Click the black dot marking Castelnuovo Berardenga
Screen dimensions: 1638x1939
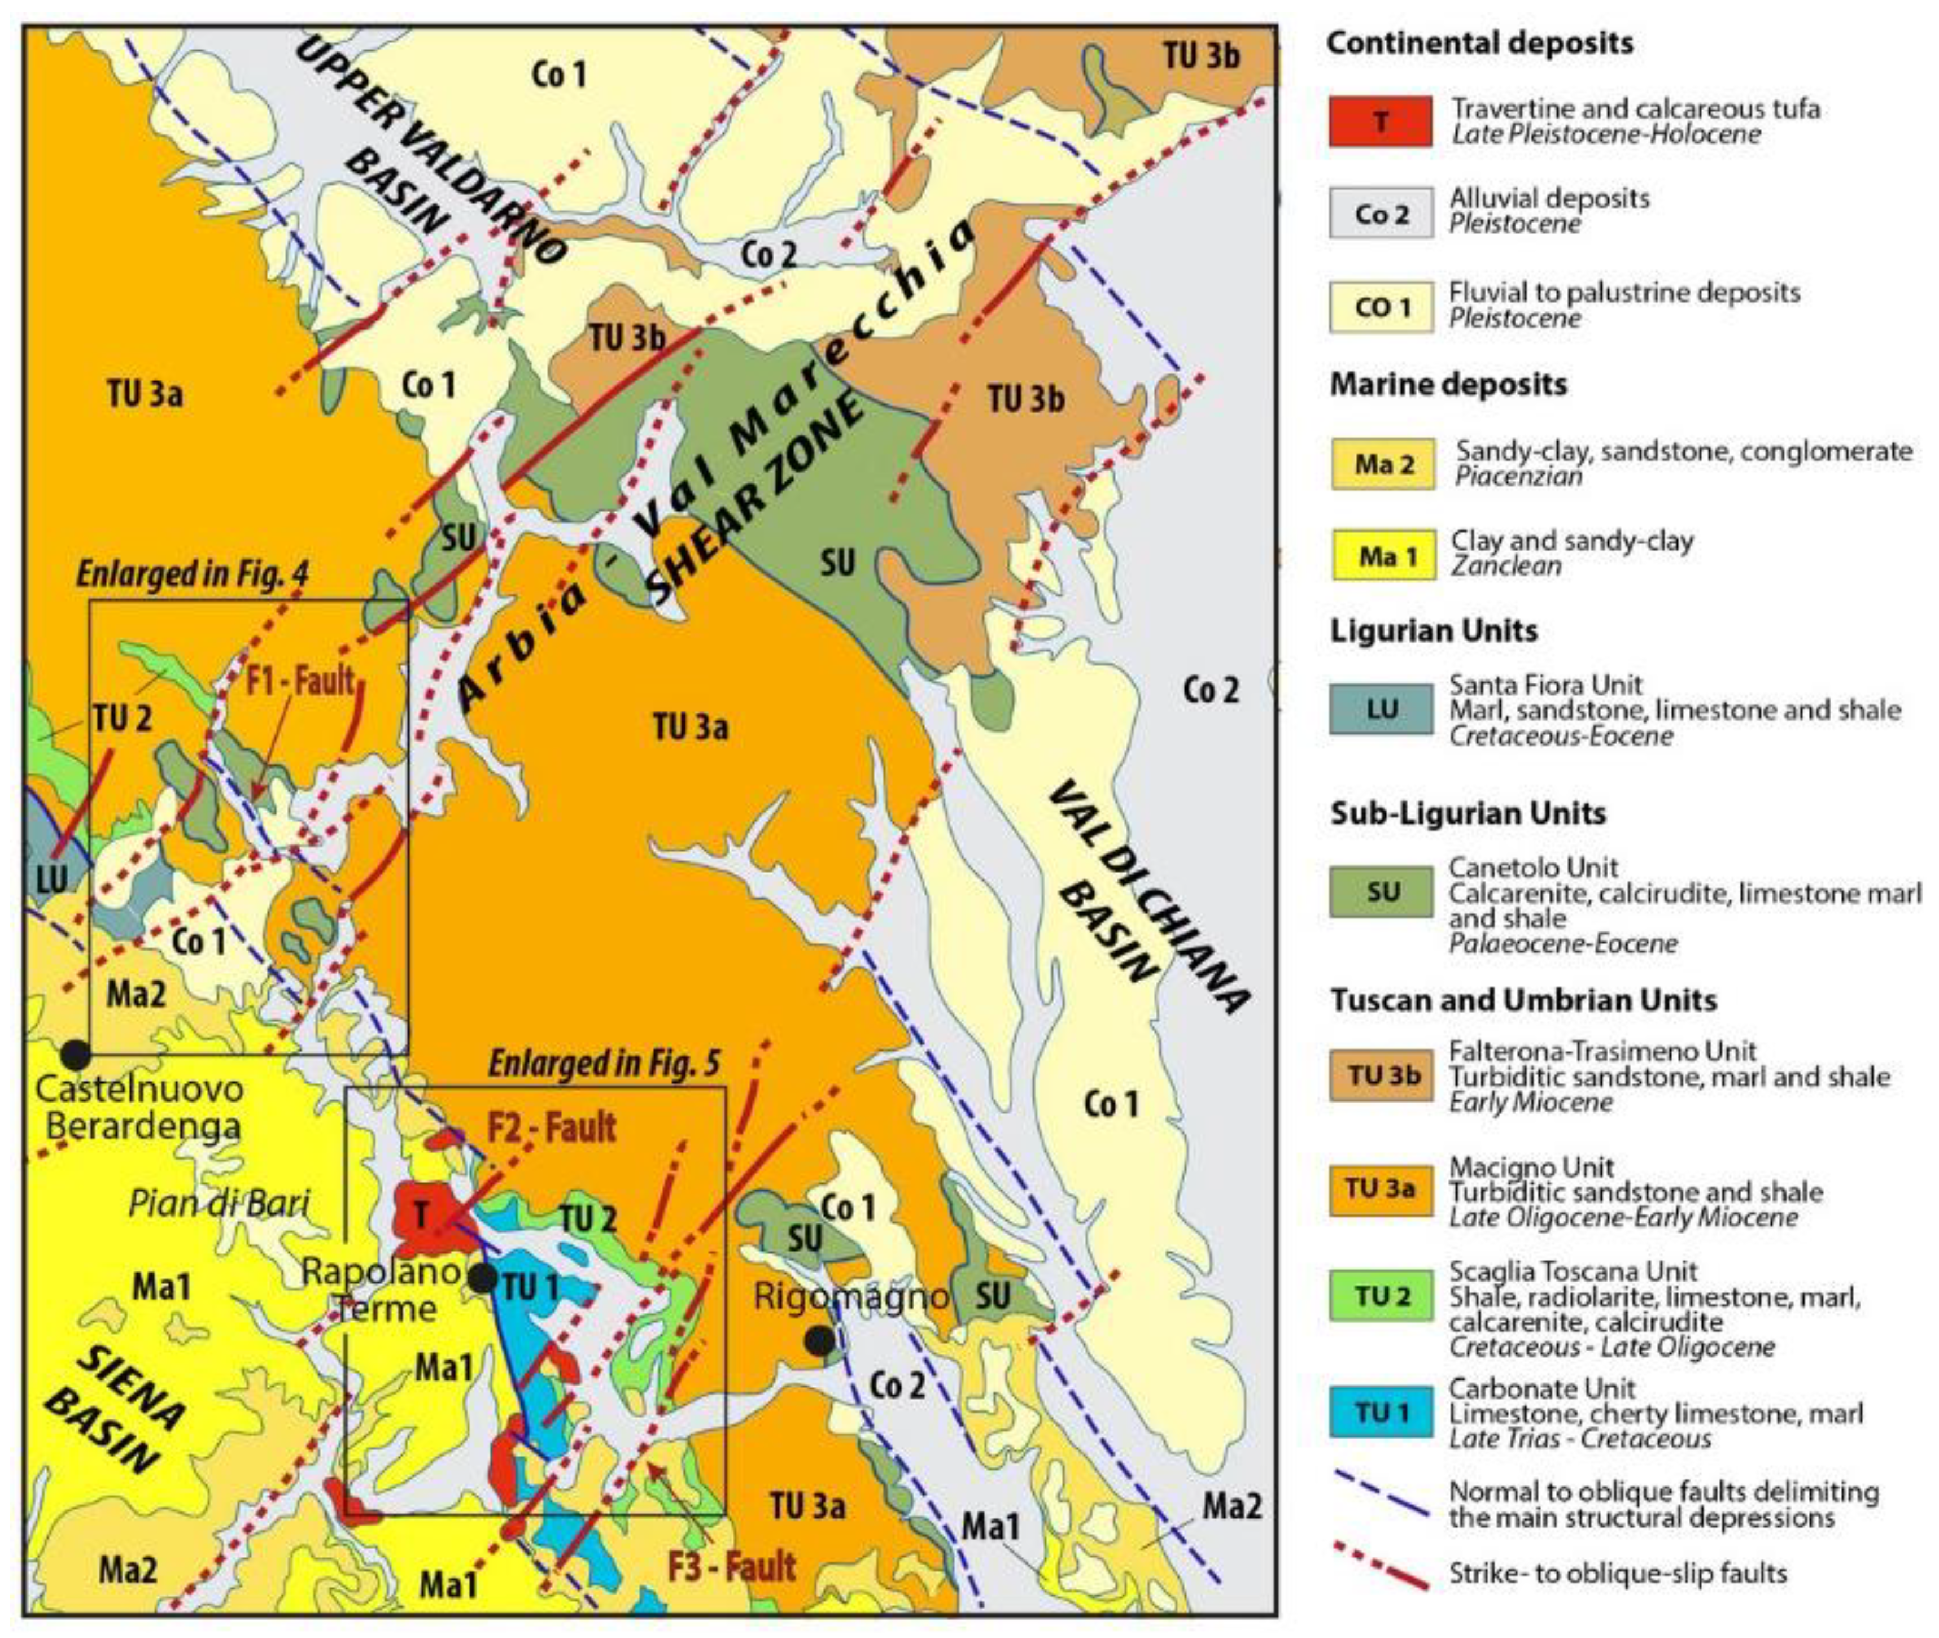coord(75,1054)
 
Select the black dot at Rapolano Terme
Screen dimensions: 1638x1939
coord(482,1278)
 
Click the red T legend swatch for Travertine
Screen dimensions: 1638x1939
coord(1380,121)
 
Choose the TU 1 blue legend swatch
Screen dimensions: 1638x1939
coord(1380,1413)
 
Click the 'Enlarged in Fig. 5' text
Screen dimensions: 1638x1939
coord(604,1063)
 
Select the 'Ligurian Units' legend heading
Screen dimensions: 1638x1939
coord(1433,631)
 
